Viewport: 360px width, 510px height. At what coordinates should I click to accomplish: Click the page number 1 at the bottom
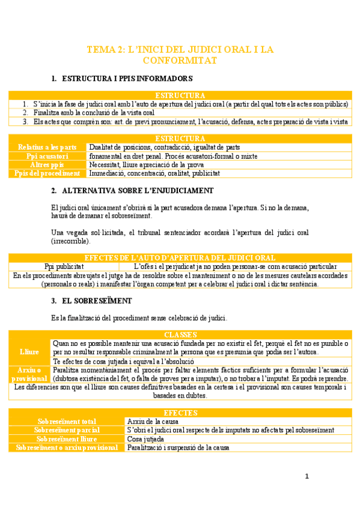307,477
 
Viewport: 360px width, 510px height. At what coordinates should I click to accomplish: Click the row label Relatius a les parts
47,147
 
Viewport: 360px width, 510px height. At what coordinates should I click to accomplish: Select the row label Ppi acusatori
47,156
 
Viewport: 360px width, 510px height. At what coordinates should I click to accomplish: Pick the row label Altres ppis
47,164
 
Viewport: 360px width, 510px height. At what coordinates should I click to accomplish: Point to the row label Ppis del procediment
47,173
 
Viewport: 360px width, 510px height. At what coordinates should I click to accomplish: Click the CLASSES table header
180,334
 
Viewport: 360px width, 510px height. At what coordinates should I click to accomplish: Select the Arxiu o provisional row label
29,374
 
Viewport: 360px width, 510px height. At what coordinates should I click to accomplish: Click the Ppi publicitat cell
64,266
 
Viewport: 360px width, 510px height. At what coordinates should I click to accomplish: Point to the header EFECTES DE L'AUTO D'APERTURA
180,258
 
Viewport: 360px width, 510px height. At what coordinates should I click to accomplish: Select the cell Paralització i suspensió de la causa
178,448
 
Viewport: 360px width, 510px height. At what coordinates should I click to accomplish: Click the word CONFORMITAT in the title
180,61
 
